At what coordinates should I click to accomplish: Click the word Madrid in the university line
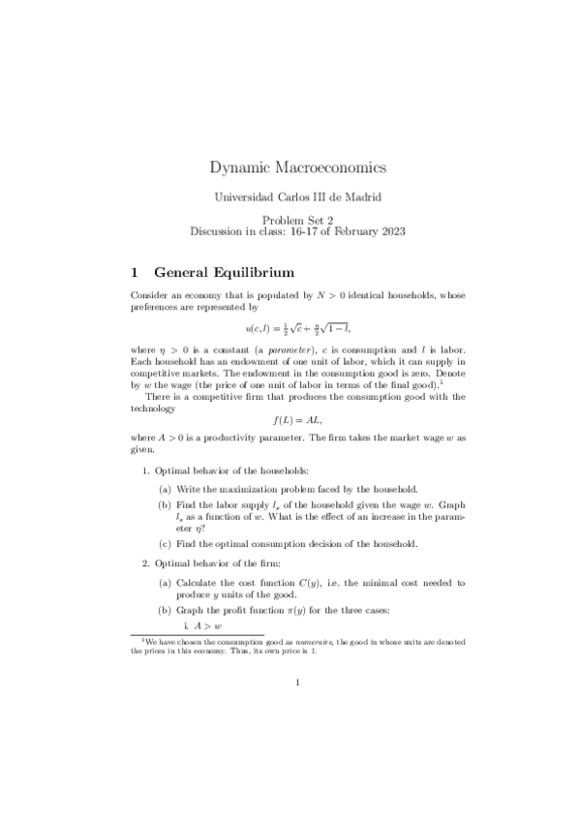(x=362, y=198)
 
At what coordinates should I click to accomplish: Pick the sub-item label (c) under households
(x=167, y=543)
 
